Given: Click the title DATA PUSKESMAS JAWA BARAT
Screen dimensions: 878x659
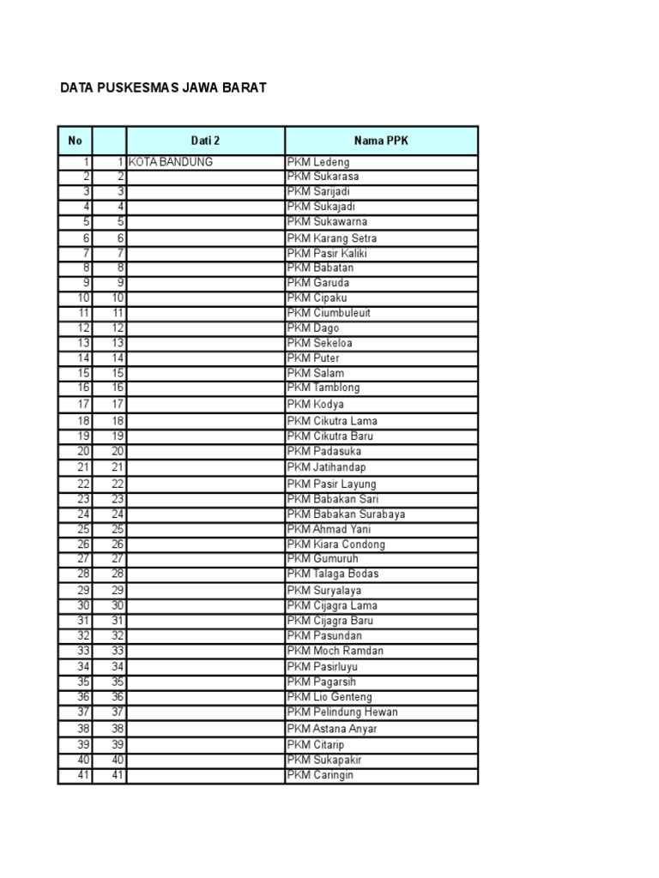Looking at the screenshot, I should click(163, 87).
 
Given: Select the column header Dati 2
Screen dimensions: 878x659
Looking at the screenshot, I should click(205, 140).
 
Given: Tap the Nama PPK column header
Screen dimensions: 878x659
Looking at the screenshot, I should click(381, 140).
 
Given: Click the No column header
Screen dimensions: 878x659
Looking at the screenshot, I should click(75, 140).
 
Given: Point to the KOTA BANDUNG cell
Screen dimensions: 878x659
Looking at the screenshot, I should click(171, 162).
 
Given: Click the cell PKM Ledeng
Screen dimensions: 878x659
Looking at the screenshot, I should click(319, 162).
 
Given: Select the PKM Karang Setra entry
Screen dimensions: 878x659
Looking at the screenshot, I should click(332, 238).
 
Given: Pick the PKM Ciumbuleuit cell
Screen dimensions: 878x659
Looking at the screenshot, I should click(329, 313).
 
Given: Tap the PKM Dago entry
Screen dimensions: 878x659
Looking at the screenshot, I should click(314, 328).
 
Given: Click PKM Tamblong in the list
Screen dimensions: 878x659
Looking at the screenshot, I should click(324, 388).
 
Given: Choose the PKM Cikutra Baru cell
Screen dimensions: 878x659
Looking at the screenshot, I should click(330, 436).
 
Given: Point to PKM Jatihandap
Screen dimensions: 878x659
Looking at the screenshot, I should click(327, 467).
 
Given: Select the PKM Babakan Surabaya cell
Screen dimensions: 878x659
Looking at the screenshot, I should click(347, 514).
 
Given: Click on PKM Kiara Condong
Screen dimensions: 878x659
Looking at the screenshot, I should click(336, 544).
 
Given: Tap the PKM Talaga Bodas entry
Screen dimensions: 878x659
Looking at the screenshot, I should click(333, 574).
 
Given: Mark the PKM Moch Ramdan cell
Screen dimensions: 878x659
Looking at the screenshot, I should click(336, 651).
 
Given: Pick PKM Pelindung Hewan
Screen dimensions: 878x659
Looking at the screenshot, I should click(342, 713).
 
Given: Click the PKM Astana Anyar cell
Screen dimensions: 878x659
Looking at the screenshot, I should click(332, 729).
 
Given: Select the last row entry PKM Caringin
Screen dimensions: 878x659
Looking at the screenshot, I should click(320, 775).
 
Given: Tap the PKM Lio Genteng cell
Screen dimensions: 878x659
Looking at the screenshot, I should click(330, 697).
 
